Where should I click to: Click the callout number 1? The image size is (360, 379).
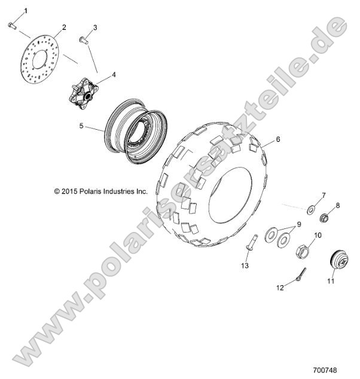pyautogui.click(x=25, y=11)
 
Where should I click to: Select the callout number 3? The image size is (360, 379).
pyautogui.click(x=94, y=27)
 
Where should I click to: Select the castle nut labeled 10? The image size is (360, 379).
pyautogui.click(x=301, y=249)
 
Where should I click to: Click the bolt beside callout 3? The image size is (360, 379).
pyautogui.click(x=83, y=41)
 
